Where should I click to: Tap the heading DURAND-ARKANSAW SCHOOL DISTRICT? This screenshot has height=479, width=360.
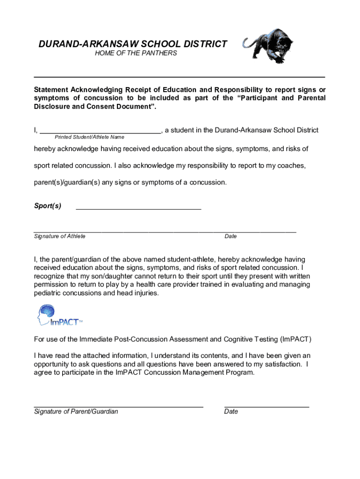pos(132,44)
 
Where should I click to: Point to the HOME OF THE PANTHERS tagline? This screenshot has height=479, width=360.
pos(136,53)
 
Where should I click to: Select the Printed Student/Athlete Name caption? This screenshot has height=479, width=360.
pos(89,137)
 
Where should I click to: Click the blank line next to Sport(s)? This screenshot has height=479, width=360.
pos(138,207)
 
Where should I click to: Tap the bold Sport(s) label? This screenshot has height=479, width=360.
pos(47,206)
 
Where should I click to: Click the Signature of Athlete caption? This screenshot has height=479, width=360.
pos(60,236)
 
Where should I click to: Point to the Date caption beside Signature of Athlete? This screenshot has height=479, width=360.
pos(230,236)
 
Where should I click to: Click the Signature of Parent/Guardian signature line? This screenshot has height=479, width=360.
pos(118,406)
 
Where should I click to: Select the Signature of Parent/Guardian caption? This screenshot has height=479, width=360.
pos(76,412)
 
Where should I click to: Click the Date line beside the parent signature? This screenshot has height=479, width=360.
pos(266,406)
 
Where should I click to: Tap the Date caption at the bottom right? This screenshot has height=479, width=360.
pos(231,412)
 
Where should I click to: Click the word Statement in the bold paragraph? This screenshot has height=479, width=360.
pos(50,90)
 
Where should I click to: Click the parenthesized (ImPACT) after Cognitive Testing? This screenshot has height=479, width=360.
pos(296,339)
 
